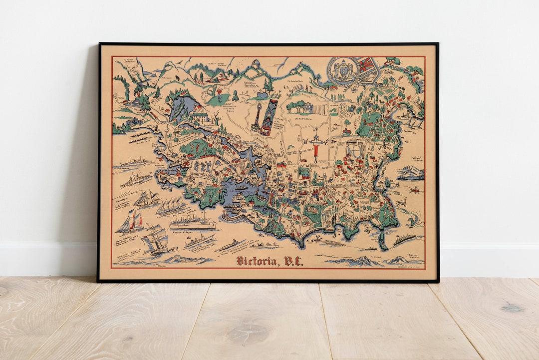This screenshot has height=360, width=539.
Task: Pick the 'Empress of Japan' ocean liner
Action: (x=192, y=222)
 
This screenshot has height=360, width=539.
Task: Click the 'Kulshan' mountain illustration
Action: (x=410, y=172)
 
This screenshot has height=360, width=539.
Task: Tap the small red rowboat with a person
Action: (x=414, y=190)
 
